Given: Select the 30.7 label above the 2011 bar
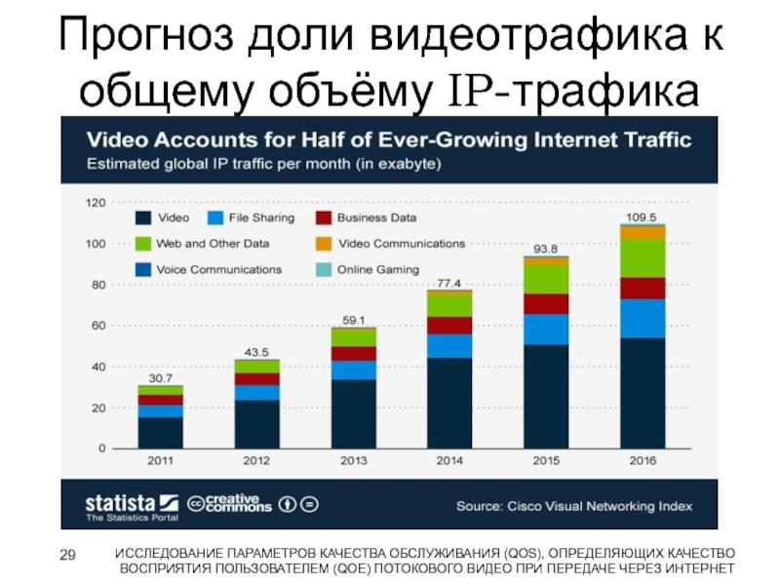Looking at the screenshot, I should (160, 377).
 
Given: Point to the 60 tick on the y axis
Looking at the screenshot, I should (97, 326).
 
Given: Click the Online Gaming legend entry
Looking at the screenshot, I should (368, 269).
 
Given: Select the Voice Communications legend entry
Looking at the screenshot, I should (208, 269).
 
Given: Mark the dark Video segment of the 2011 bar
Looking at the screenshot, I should (160, 432).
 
